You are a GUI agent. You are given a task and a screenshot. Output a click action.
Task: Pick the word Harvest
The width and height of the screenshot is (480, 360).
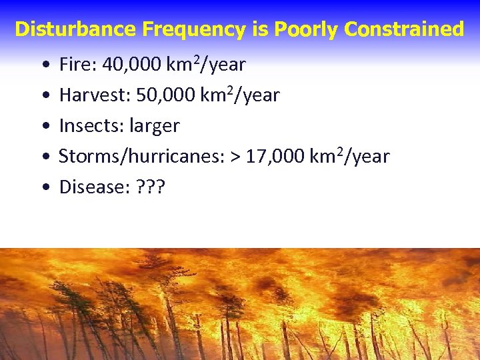(95, 95)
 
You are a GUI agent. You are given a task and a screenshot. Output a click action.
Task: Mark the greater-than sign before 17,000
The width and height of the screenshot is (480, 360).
(235, 157)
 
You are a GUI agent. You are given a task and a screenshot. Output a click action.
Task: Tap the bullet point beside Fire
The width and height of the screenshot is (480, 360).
(43, 66)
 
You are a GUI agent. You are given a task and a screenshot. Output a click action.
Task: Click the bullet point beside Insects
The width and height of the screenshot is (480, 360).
(43, 127)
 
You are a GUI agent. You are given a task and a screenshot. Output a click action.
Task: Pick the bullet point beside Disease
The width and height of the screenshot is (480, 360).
(43, 189)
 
